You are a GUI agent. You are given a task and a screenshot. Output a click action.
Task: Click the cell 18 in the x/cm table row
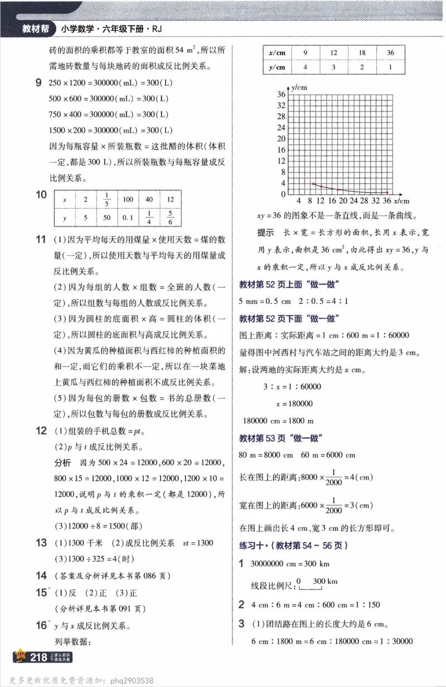pyautogui.click(x=362, y=52)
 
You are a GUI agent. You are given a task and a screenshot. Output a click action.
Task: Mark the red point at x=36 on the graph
pyautogui.click(x=386, y=192)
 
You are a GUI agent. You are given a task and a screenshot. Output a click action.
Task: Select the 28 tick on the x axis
pyautogui.click(x=365, y=200)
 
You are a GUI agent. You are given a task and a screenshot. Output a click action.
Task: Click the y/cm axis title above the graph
pyautogui.click(x=299, y=88)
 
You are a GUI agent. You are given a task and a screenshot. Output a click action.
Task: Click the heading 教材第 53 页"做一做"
pyautogui.click(x=282, y=438)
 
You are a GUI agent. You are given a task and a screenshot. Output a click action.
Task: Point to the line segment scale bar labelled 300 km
pyautogui.click(x=310, y=586)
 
